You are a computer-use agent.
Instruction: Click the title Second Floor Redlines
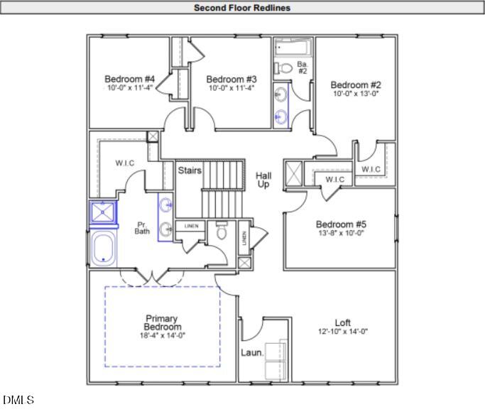[242, 8]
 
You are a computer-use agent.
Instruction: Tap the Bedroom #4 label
[130, 80]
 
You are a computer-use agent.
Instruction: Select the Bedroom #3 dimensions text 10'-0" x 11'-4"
[231, 88]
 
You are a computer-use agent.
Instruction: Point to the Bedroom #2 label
[356, 85]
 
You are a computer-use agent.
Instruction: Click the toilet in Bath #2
[283, 68]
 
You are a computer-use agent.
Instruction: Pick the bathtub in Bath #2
[293, 47]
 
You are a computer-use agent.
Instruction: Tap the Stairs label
[190, 170]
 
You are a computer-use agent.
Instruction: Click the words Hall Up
[263, 180]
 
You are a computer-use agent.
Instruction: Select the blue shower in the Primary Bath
[103, 212]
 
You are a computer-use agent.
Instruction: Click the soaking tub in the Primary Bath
[104, 249]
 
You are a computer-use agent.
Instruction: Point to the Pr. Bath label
[142, 228]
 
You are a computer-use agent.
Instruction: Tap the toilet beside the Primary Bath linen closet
[221, 230]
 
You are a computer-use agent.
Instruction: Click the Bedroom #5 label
[341, 224]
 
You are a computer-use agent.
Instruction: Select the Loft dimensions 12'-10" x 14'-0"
[343, 332]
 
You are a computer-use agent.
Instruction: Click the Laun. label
[252, 352]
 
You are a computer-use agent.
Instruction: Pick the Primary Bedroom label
[162, 322]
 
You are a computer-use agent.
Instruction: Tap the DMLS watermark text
[18, 400]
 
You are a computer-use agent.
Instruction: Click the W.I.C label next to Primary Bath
[125, 163]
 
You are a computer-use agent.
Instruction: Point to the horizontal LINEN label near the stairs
[192, 227]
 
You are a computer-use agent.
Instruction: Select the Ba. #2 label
[303, 67]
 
